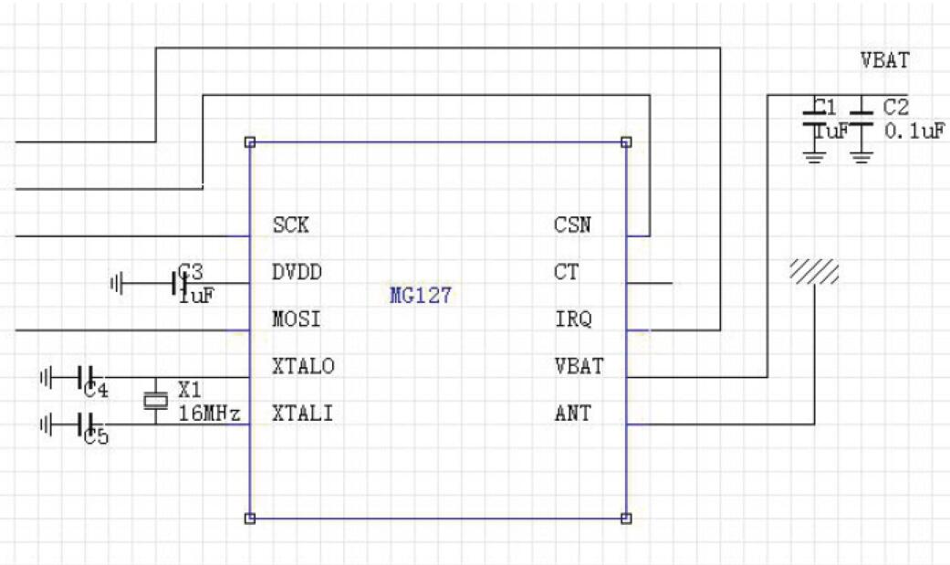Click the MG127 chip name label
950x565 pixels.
[421, 296]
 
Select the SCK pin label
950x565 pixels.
[291, 225]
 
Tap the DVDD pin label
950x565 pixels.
[297, 272]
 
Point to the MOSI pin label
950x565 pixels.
[297, 319]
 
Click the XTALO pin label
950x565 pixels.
[303, 367]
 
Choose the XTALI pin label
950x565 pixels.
[302, 414]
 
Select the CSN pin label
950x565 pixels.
[571, 225]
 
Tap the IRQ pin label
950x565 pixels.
[572, 319]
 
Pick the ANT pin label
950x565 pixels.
[572, 414]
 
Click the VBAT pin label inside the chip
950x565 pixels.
[578, 367]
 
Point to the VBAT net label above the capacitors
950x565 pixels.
[884, 61]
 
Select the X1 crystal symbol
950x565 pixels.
[156, 400]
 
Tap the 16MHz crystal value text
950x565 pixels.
[208, 414]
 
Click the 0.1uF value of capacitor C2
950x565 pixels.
[913, 131]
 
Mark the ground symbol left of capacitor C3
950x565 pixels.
[116, 284]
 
